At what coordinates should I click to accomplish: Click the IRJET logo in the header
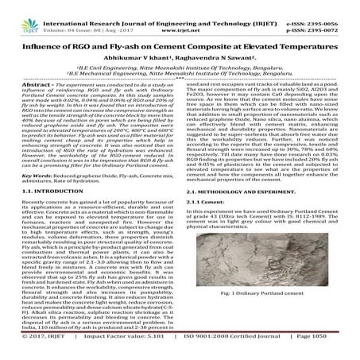tap(17, 12)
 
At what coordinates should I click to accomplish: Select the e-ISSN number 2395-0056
tap(334, 6)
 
